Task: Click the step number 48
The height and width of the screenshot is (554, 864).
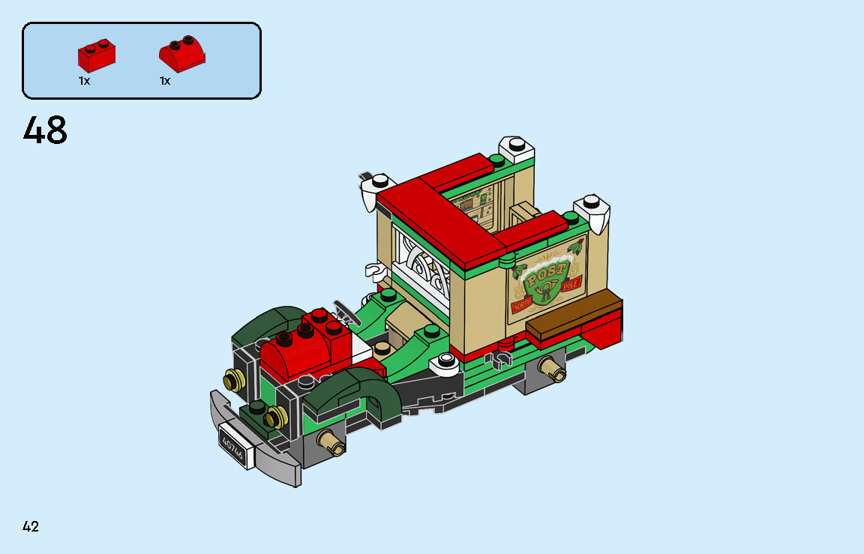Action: (45, 131)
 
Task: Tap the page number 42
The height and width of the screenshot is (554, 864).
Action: (31, 526)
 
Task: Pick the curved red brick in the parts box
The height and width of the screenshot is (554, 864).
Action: (181, 55)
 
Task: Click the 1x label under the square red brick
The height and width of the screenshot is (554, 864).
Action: (84, 81)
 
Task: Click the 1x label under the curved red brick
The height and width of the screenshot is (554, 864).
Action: (165, 81)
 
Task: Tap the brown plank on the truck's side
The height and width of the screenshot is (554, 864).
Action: (573, 315)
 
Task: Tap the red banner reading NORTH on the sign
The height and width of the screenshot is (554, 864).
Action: (522, 305)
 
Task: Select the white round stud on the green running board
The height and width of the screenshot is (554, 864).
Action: (446, 361)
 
